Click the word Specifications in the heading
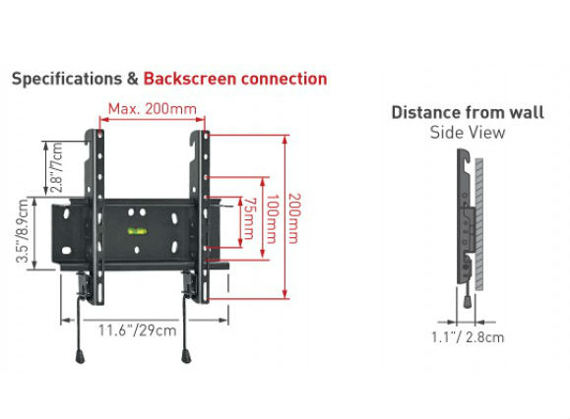[x=67, y=79]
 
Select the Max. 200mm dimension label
[x=153, y=108]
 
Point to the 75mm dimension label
[x=248, y=218]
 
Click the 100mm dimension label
[x=272, y=219]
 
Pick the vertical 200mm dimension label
[x=293, y=218]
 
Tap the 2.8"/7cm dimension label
[x=57, y=167]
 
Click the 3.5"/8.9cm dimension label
[x=23, y=230]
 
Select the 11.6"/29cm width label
[x=138, y=330]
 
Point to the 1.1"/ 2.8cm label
[x=468, y=337]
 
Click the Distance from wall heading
[x=468, y=112]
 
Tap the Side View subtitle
[x=468, y=132]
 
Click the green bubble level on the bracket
[x=137, y=231]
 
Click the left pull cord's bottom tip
[x=80, y=357]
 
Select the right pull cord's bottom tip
[x=186, y=357]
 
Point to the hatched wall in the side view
[x=479, y=224]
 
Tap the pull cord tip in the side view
[x=468, y=302]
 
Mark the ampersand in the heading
[x=133, y=79]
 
